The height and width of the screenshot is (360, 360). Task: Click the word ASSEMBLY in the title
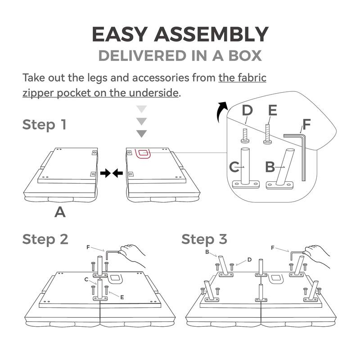[x=211, y=34]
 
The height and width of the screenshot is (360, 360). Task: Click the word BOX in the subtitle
[x=245, y=56]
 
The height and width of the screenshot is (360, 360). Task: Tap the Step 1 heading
[x=44, y=125]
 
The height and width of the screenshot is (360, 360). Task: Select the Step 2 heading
[x=45, y=239]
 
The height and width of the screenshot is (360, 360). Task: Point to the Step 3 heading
[x=204, y=239]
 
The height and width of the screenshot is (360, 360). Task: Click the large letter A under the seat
[x=60, y=212]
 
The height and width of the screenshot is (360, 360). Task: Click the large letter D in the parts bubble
[x=247, y=110]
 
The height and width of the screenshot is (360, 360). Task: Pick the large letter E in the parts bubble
[x=273, y=110]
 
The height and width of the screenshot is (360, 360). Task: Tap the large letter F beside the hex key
[x=307, y=124]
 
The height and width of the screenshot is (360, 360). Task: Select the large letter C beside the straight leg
[x=234, y=167]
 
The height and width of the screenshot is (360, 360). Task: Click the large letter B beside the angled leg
[x=270, y=167]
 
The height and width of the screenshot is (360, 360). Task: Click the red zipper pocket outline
[x=143, y=153]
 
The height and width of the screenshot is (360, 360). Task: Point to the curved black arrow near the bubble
[x=222, y=112]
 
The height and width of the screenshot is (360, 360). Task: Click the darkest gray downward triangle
[x=141, y=134]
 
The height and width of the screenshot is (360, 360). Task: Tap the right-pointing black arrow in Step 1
[x=106, y=173]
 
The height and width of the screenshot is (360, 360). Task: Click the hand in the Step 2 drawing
[x=132, y=256]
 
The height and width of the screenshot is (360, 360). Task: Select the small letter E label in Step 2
[x=122, y=297]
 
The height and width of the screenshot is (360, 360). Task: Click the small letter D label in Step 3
[x=249, y=260]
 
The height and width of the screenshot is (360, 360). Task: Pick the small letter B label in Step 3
[x=207, y=252]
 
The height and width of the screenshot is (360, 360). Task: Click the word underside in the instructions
[x=153, y=93]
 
